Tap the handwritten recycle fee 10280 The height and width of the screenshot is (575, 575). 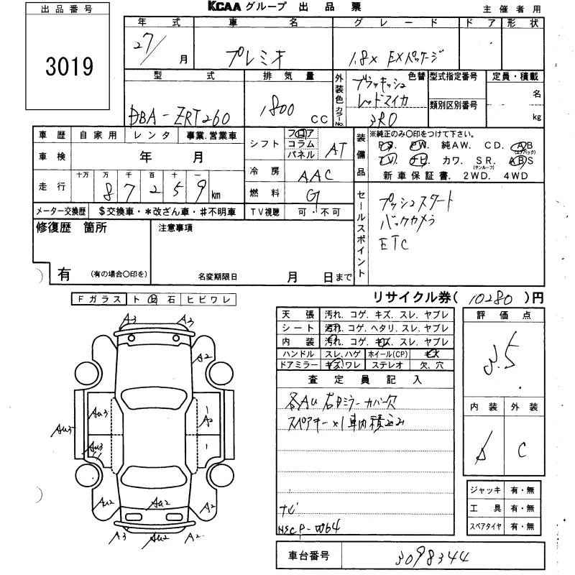tap(494, 296)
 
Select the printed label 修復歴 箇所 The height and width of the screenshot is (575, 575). tap(71, 228)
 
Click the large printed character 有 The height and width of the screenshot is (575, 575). tap(64, 274)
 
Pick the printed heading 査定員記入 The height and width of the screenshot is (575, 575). tap(365, 378)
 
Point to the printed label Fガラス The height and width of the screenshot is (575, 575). tap(97, 299)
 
